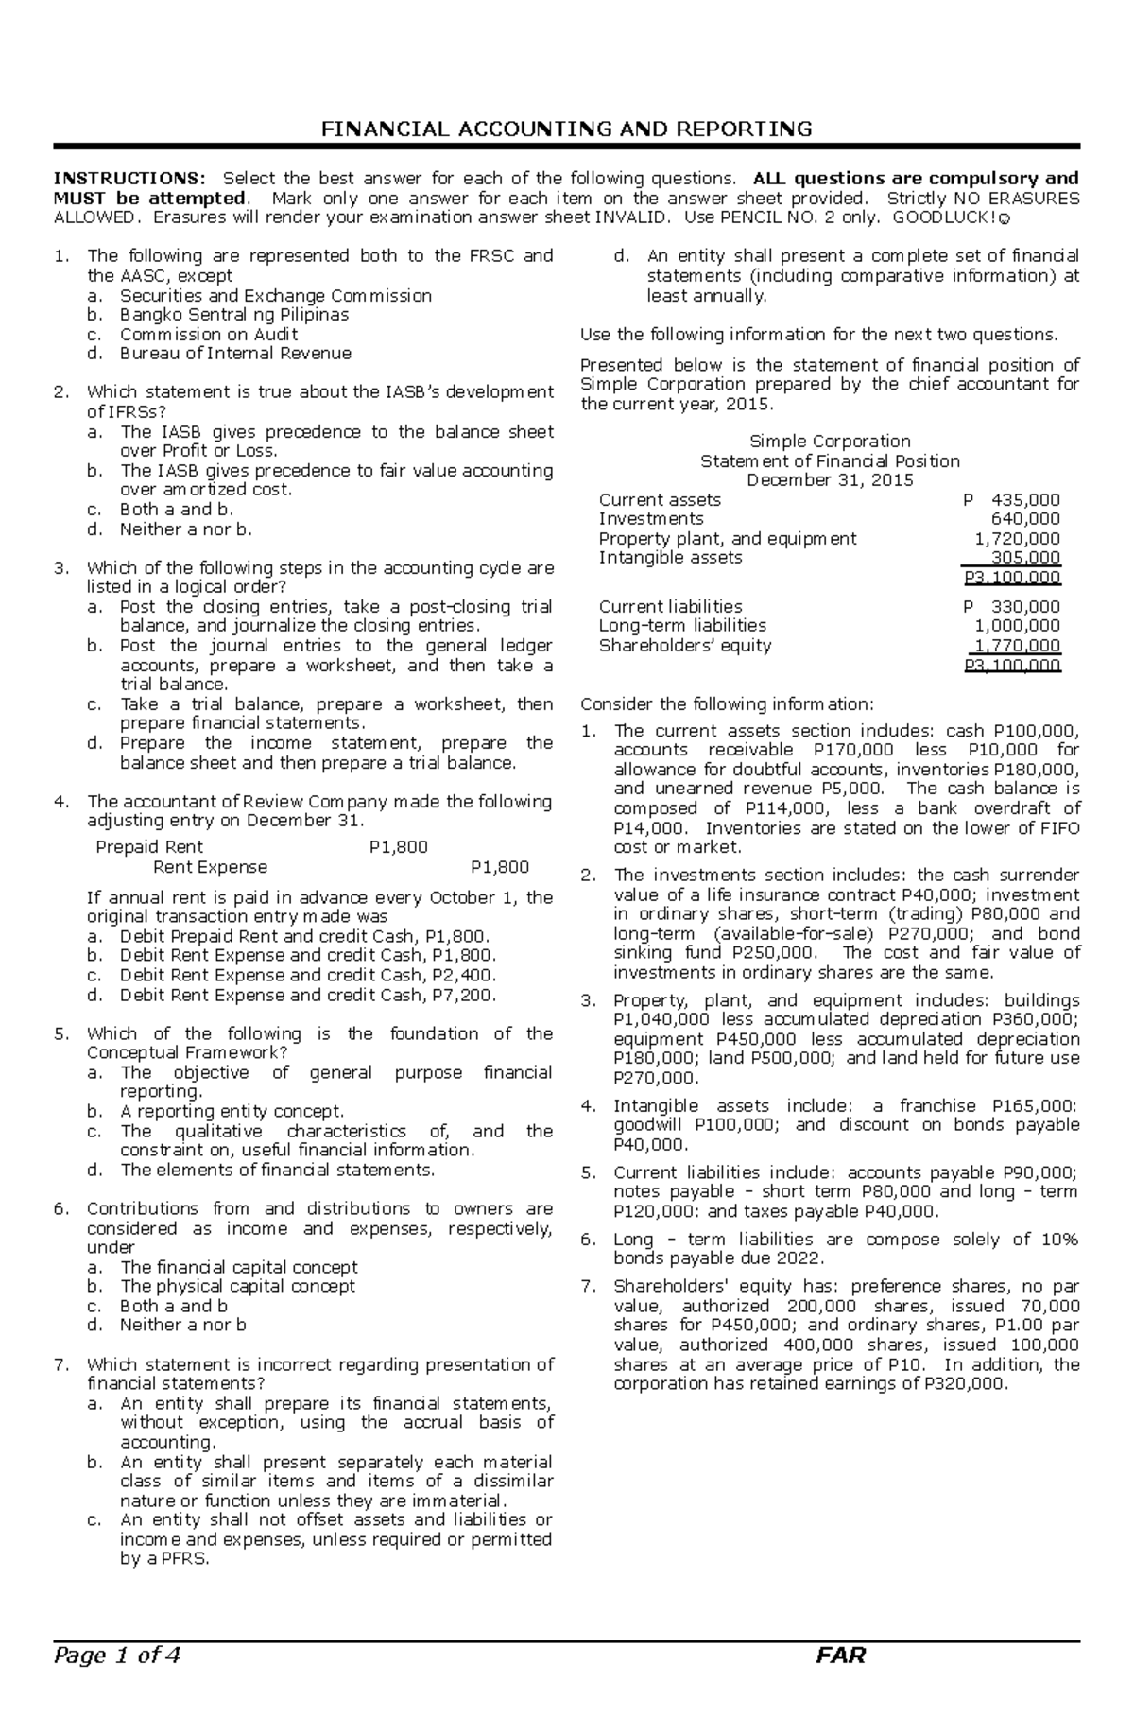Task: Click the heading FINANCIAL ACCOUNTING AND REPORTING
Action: click(566, 129)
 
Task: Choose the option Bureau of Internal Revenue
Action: click(234, 354)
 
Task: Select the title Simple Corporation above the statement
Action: click(829, 442)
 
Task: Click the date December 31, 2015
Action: click(829, 480)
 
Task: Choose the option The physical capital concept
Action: click(237, 1286)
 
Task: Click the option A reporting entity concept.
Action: click(232, 1111)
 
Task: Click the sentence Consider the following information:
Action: click(727, 703)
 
